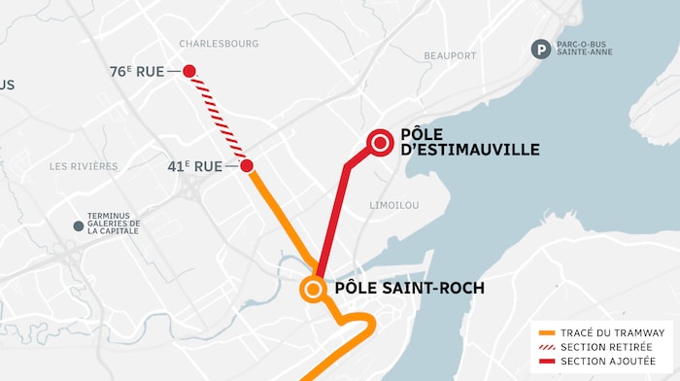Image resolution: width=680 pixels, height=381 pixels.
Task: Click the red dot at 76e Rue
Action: click(x=189, y=71)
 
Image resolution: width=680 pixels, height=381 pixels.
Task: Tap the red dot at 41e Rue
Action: click(x=248, y=165)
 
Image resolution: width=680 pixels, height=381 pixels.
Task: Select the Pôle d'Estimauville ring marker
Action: click(x=380, y=144)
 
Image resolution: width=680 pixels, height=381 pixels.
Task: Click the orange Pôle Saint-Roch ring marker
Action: click(x=313, y=288)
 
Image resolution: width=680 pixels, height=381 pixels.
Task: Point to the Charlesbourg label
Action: click(x=219, y=44)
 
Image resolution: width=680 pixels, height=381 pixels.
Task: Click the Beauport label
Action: click(x=450, y=56)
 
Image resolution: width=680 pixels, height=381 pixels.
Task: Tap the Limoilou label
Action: click(x=394, y=205)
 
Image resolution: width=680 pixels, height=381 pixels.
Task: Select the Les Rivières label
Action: click(x=84, y=166)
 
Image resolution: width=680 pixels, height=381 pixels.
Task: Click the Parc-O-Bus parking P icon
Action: click(x=539, y=48)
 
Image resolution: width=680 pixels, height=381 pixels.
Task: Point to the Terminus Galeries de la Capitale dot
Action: click(x=79, y=226)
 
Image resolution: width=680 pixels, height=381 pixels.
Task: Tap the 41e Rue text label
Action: click(x=195, y=166)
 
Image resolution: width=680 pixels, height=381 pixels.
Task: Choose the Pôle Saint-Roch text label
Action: click(x=409, y=289)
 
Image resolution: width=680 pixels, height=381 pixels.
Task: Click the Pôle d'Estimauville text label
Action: click(x=469, y=142)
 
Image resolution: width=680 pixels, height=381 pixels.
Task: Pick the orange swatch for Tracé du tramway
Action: click(x=546, y=332)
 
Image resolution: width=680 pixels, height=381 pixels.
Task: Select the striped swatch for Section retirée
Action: click(x=546, y=347)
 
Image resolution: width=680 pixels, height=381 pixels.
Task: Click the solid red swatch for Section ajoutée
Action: click(x=546, y=361)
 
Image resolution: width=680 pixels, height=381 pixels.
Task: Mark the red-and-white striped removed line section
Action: click(x=219, y=118)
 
